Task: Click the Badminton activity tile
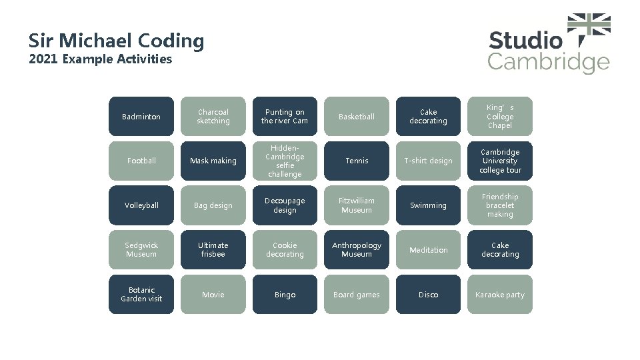pyautogui.click(x=141, y=117)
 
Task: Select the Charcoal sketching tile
pyautogui.click(x=213, y=117)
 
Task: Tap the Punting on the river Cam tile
pyautogui.click(x=285, y=117)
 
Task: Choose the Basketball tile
pyautogui.click(x=357, y=117)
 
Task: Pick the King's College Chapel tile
pyautogui.click(x=500, y=117)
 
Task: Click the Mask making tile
pyautogui.click(x=213, y=161)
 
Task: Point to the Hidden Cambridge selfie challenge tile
pyautogui.click(x=285, y=161)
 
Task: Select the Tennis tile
pyautogui.click(x=357, y=161)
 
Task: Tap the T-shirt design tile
pyautogui.click(x=428, y=161)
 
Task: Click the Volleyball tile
pyautogui.click(x=141, y=205)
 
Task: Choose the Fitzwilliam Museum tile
pyautogui.click(x=357, y=205)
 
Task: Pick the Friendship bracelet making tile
pyautogui.click(x=500, y=205)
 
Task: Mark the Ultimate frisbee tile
pyautogui.click(x=213, y=250)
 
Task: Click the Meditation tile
pyautogui.click(x=428, y=250)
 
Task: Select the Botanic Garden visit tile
pyautogui.click(x=141, y=294)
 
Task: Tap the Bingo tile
pyautogui.click(x=285, y=294)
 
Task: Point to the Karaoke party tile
pyautogui.click(x=500, y=294)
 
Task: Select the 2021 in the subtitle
pyautogui.click(x=44, y=59)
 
